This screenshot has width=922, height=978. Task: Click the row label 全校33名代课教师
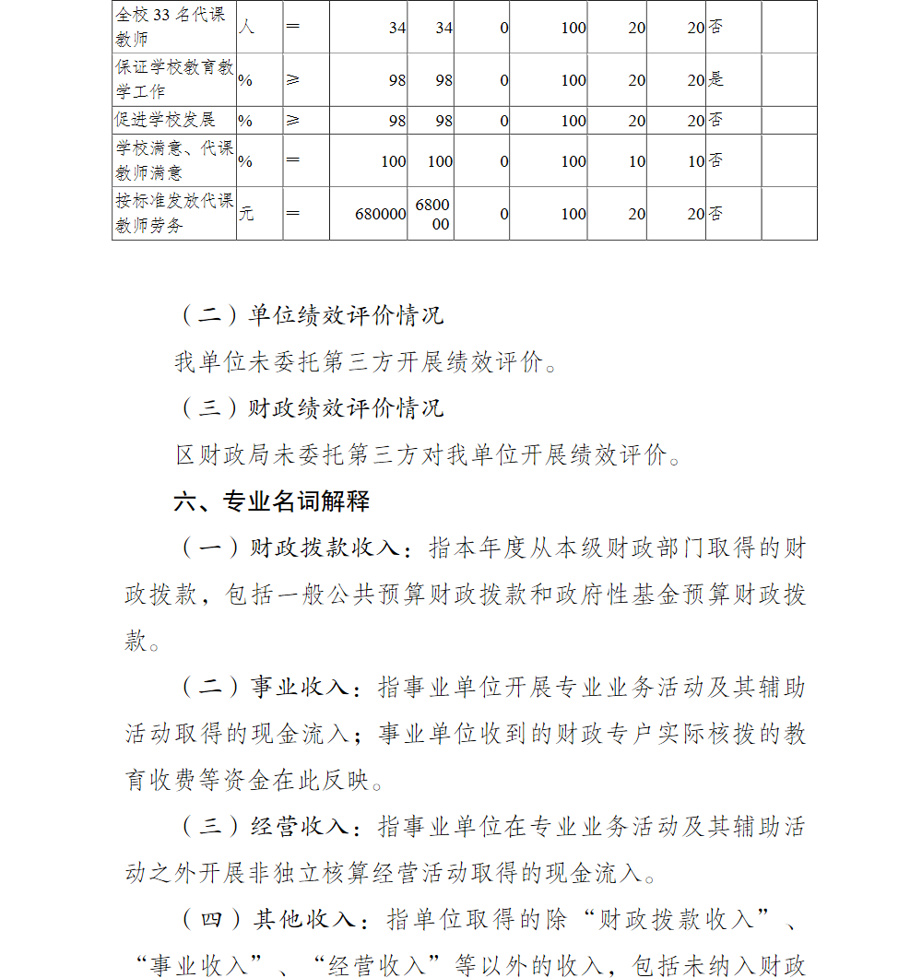click(x=173, y=27)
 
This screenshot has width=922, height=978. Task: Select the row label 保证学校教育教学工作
click(x=173, y=79)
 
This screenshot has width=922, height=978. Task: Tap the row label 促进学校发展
click(x=166, y=121)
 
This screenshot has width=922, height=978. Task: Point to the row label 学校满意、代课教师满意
click(x=173, y=160)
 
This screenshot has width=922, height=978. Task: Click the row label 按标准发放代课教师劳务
click(x=173, y=213)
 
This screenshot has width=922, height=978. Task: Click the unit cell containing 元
click(x=246, y=214)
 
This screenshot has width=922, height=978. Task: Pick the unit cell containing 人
click(x=246, y=27)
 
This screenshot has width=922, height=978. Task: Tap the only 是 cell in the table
click(x=716, y=80)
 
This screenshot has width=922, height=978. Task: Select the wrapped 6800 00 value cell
click(x=433, y=214)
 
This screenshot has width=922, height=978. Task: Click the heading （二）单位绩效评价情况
click(x=311, y=315)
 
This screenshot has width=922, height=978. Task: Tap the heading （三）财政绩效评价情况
click(x=311, y=407)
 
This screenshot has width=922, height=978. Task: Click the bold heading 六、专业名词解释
click(x=272, y=501)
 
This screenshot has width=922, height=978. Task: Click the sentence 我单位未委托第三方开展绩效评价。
click(x=366, y=362)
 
